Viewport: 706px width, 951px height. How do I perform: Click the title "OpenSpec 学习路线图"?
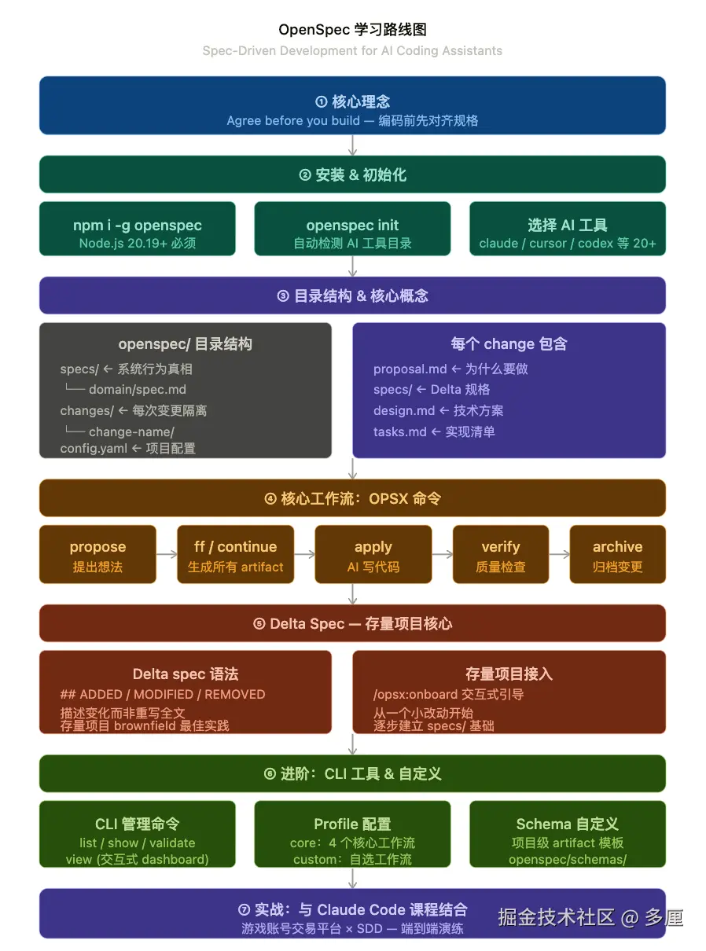click(352, 30)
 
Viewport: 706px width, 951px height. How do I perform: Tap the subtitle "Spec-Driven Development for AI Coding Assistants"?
click(352, 51)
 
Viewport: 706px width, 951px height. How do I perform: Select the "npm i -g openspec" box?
click(138, 229)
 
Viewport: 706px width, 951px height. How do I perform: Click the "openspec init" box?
click(352, 229)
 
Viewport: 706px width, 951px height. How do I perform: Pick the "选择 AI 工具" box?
click(567, 229)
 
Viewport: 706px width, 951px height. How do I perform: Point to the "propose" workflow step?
click(97, 554)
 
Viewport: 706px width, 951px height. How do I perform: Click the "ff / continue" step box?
click(235, 554)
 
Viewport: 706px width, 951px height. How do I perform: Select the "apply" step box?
click(373, 554)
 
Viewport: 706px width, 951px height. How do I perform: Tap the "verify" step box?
click(501, 554)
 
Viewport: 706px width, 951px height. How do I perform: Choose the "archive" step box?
click(617, 554)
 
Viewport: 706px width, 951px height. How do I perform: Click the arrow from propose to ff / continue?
click(167, 554)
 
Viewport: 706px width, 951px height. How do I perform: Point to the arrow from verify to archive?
click(559, 554)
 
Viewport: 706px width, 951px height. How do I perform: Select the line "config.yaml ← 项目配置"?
click(127, 449)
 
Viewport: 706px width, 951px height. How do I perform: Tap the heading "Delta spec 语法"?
click(186, 674)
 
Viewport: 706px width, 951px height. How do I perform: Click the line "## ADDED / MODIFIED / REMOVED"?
click(163, 695)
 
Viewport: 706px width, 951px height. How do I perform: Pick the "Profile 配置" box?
click(352, 834)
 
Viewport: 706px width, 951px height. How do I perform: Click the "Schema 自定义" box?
click(567, 834)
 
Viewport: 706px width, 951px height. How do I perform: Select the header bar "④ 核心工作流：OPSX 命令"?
click(352, 498)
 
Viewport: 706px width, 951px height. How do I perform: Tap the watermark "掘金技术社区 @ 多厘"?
click(590, 917)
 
